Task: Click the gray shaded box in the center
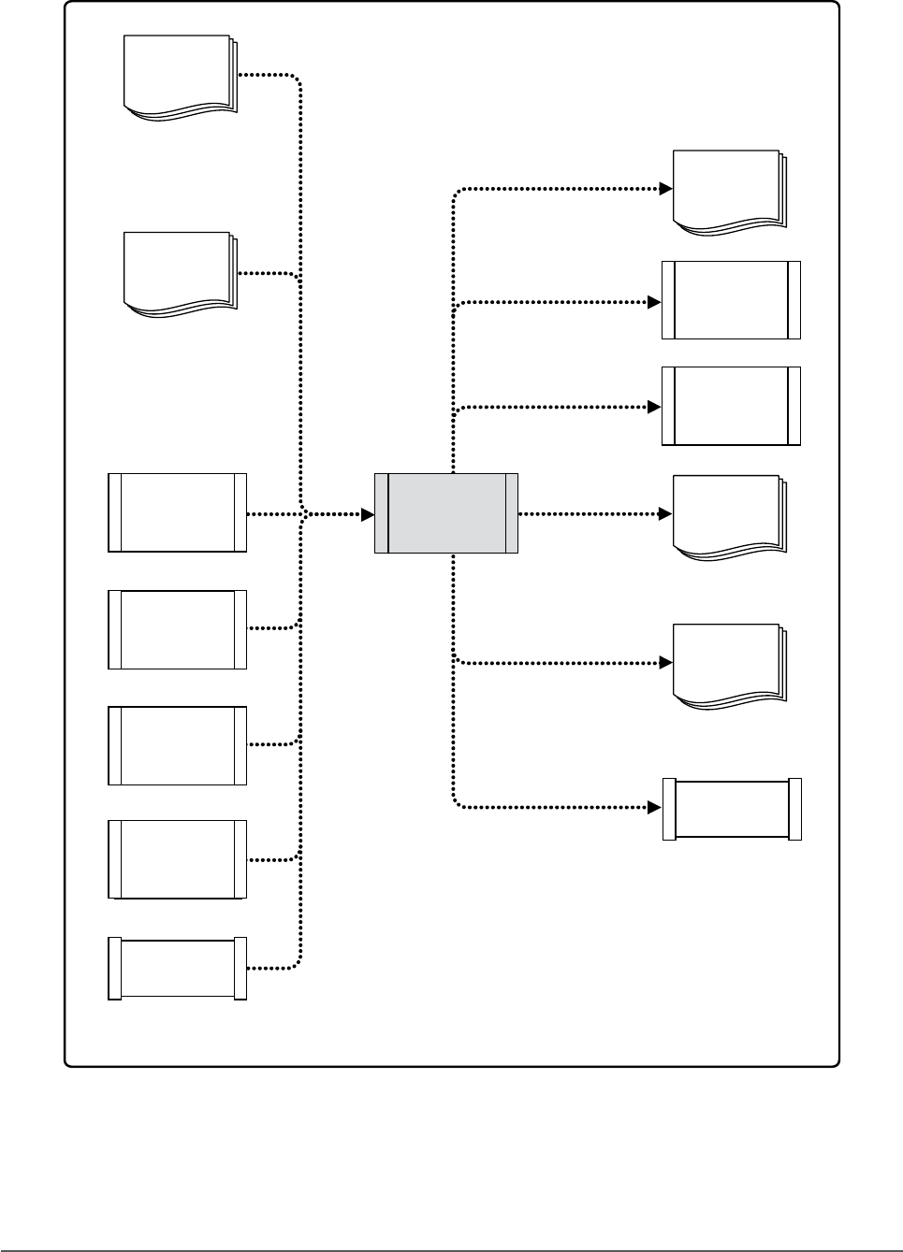[x=446, y=513]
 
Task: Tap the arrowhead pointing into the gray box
[x=368, y=513]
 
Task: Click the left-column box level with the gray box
[x=178, y=512]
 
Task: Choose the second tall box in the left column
[x=178, y=629]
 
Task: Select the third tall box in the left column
[x=178, y=745]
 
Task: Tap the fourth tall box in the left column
[x=178, y=859]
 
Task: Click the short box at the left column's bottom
[x=178, y=969]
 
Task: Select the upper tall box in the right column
[x=731, y=300]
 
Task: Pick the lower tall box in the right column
[x=731, y=406]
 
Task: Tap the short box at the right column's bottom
[x=732, y=809]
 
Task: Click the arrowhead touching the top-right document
[x=666, y=189]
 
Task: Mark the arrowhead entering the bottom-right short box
[x=655, y=806]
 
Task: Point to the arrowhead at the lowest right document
[x=666, y=663]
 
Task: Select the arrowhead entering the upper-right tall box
[x=655, y=302]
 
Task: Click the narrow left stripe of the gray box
[x=381, y=513]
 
